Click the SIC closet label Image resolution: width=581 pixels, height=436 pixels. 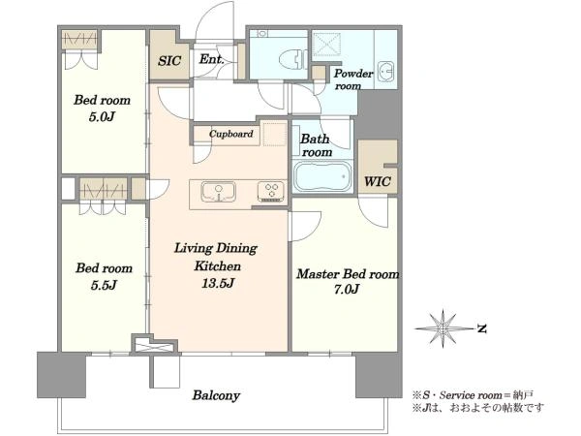pyautogui.click(x=169, y=60)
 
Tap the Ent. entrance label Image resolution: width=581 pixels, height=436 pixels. pyautogui.click(x=211, y=58)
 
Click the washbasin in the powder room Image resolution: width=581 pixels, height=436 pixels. pyautogui.click(x=387, y=70)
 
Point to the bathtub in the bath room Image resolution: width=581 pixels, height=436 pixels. pyautogui.click(x=322, y=177)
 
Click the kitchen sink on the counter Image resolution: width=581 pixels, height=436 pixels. pyautogui.click(x=218, y=192)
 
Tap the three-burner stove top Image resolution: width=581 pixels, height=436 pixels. pyautogui.click(x=271, y=192)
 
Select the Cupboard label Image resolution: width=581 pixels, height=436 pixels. pyautogui.click(x=231, y=134)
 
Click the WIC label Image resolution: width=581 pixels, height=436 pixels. pyautogui.click(x=378, y=182)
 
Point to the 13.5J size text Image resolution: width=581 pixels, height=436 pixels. pyautogui.click(x=218, y=284)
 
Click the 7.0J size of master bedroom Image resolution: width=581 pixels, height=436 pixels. pyautogui.click(x=347, y=289)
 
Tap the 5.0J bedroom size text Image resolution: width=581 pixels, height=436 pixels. pyautogui.click(x=102, y=117)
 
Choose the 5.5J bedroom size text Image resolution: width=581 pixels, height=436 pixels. pyautogui.click(x=104, y=285)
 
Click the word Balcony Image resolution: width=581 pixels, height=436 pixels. pyautogui.click(x=216, y=395)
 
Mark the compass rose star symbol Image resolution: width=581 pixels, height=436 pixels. pyautogui.click(x=443, y=328)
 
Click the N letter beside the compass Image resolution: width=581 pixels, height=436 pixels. pyautogui.click(x=481, y=328)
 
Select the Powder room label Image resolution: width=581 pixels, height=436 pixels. pyautogui.click(x=352, y=79)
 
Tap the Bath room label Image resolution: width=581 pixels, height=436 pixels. pyautogui.click(x=316, y=145)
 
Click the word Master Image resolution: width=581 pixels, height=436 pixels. pyautogui.click(x=318, y=274)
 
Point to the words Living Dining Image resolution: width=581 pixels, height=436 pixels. pyautogui.click(x=216, y=248)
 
